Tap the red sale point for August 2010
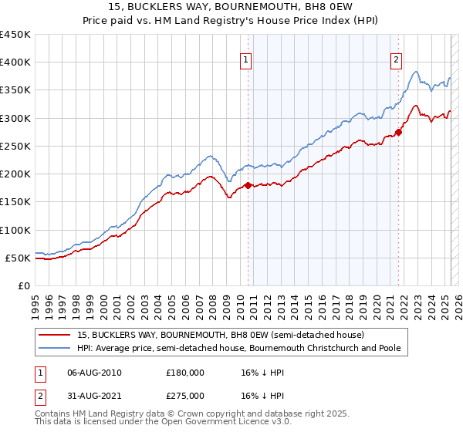(248, 185)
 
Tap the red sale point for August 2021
(398, 133)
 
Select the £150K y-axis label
(15, 202)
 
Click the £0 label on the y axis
(23, 286)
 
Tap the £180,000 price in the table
(185, 373)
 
